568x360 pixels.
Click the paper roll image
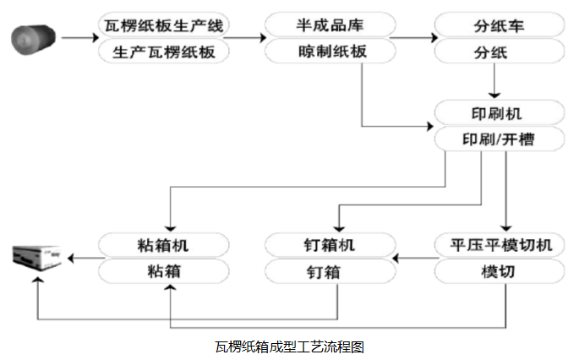[x=33, y=39]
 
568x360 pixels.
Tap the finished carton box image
[x=37, y=259]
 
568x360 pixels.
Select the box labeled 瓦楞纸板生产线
[x=164, y=25]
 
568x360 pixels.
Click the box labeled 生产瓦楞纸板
[x=164, y=52]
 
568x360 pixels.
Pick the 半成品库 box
[x=330, y=25]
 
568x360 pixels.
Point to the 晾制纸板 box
[x=330, y=52]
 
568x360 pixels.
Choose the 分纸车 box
[x=500, y=25]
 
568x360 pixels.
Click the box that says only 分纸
[x=500, y=52]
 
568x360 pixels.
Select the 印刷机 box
[x=500, y=113]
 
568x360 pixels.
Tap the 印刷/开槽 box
[x=500, y=139]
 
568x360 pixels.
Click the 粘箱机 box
[x=164, y=245]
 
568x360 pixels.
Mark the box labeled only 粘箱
[x=164, y=271]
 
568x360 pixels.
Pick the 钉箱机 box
[x=330, y=245]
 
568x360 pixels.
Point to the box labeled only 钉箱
[x=330, y=271]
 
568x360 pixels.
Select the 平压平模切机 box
[x=500, y=245]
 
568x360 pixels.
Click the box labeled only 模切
[x=500, y=271]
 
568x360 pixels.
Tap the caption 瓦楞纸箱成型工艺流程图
[x=289, y=347]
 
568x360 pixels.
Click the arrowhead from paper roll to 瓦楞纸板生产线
[x=96, y=38]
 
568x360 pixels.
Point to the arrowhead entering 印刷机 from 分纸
[x=494, y=95]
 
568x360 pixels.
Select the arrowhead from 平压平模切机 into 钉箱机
[x=396, y=259]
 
